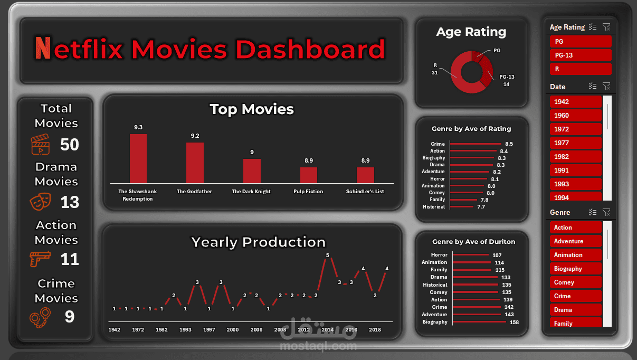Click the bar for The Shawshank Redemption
[x=138, y=158]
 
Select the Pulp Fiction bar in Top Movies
[x=309, y=175]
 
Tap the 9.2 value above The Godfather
[x=195, y=136]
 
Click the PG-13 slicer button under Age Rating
[x=580, y=55]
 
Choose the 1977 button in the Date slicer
[x=575, y=143]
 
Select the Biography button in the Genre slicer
[x=575, y=269]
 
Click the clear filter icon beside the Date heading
[x=606, y=86]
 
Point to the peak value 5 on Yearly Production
[x=327, y=255]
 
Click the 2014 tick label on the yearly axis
[x=327, y=329]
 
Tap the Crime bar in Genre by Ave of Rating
[x=474, y=144]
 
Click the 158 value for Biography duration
[x=514, y=322]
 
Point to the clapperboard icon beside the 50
[x=40, y=144]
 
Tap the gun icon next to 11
[x=40, y=258]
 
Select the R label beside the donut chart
[x=435, y=65]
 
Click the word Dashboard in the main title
[x=310, y=50]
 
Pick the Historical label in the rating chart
[x=434, y=207]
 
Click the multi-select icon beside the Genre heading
[x=593, y=212]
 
